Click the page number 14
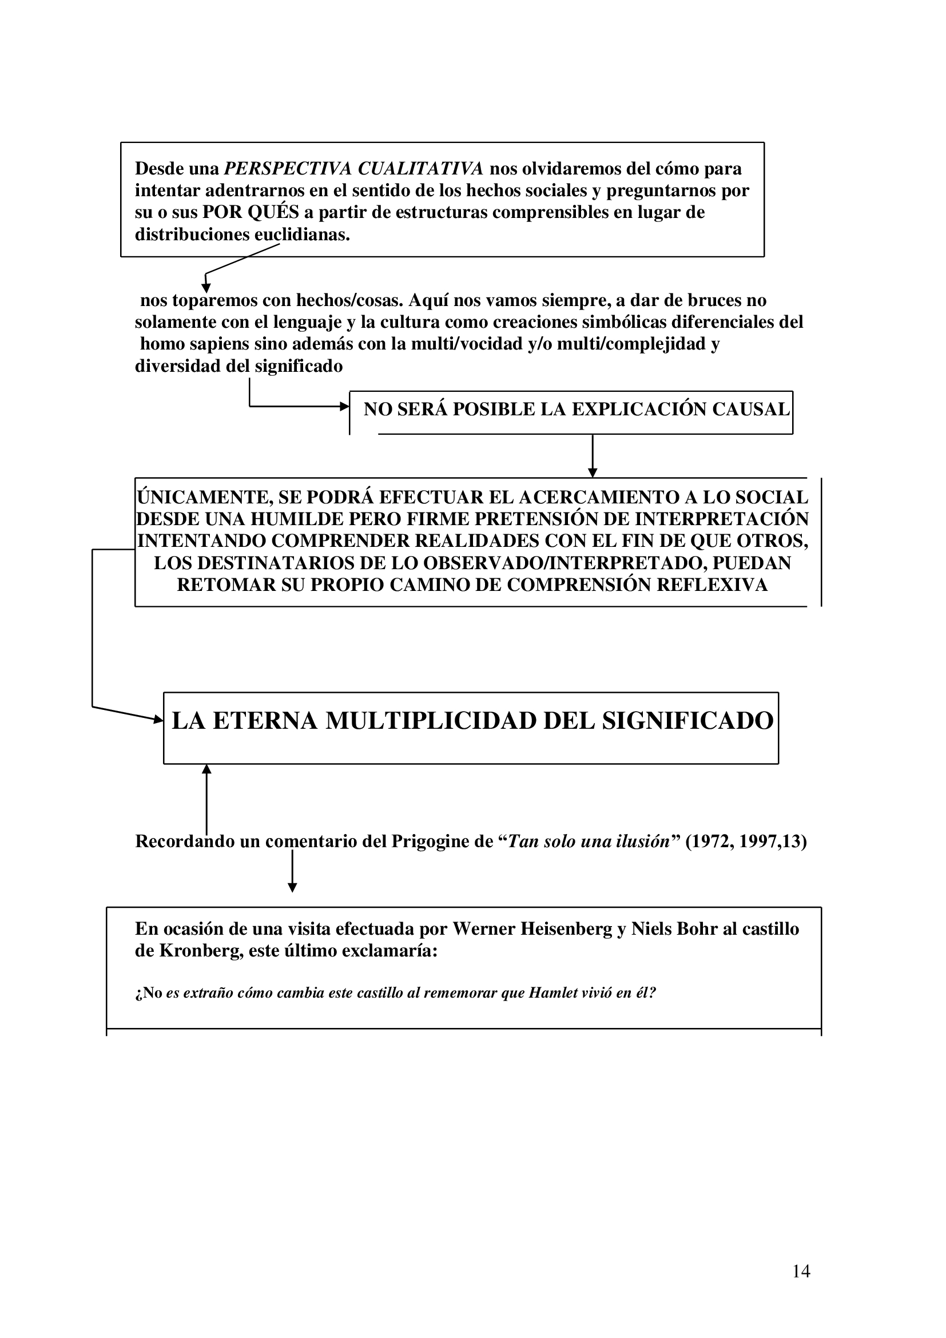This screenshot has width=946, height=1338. tap(801, 1271)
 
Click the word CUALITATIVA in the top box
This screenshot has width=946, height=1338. tap(420, 168)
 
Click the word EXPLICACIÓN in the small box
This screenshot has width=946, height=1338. tap(639, 409)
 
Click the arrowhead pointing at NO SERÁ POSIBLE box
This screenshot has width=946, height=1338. tap(344, 406)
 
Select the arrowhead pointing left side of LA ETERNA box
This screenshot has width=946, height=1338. tap(158, 720)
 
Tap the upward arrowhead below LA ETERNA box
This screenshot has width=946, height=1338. tap(206, 770)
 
